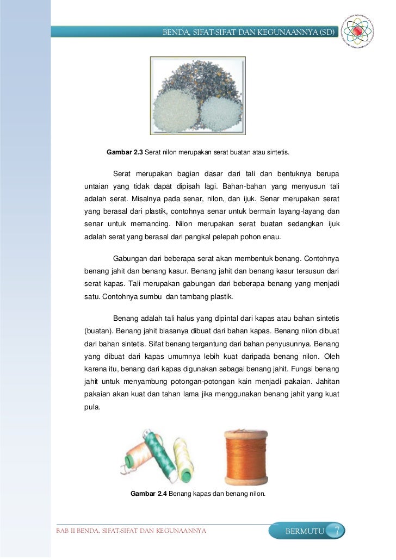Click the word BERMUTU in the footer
pos(305,531)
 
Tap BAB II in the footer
pos(66,531)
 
